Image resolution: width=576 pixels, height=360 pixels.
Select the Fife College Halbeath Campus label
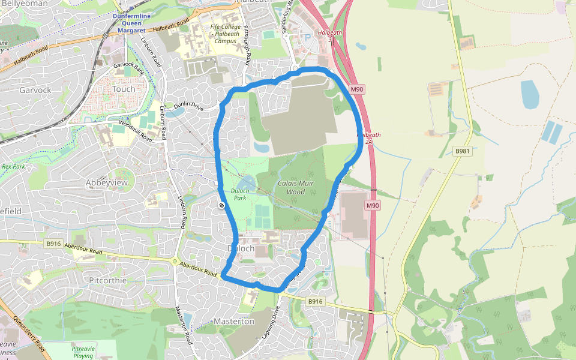(x=226, y=34)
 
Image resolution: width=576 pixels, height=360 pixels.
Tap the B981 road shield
(x=462, y=151)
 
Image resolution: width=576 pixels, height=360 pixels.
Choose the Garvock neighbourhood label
(x=35, y=90)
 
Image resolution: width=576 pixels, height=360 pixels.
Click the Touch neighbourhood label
(x=124, y=89)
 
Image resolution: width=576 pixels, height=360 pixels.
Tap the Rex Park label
(x=13, y=166)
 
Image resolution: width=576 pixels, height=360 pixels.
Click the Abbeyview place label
(x=107, y=182)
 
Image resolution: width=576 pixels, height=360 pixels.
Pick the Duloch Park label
(x=239, y=194)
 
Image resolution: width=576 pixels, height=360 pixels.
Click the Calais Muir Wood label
(x=292, y=187)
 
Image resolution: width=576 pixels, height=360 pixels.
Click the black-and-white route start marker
(x=221, y=206)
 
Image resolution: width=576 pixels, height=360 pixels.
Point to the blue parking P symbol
(x=308, y=37)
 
